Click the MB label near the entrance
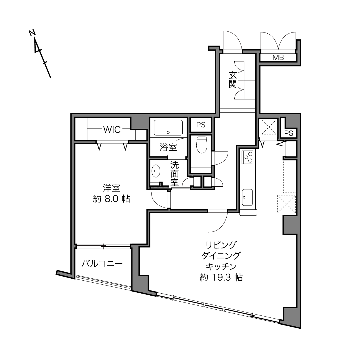tap(278, 58)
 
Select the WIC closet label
tap(112, 129)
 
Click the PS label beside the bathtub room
tap(201, 125)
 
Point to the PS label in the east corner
tap(289, 133)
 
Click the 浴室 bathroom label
tap(168, 147)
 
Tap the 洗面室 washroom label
tap(175, 174)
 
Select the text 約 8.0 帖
tap(112, 199)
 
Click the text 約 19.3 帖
tap(221, 283)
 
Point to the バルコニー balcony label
tap(102, 264)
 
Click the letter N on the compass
tap(32, 33)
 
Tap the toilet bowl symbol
tap(202, 145)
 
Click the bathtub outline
tap(168, 128)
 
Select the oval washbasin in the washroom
tap(156, 171)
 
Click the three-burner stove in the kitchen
tap(247, 157)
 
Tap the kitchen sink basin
tap(247, 197)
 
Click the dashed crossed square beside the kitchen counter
tap(287, 204)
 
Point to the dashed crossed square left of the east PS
tap(269, 127)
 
